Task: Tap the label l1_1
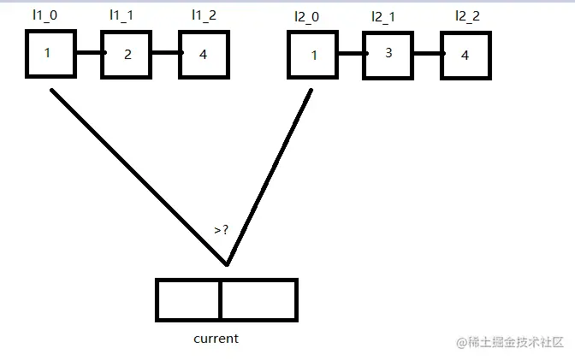click(121, 15)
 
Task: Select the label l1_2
click(204, 15)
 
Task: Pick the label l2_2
click(466, 15)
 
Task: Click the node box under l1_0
click(50, 54)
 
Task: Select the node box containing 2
click(127, 54)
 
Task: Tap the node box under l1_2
click(204, 54)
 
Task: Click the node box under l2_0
click(311, 56)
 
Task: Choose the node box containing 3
click(388, 54)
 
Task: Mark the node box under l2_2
click(466, 56)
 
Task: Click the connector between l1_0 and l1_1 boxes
click(88, 53)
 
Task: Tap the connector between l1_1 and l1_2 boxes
click(165, 53)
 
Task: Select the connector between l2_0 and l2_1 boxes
click(350, 53)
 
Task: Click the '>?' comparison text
click(222, 230)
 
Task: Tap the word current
click(216, 339)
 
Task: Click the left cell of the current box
click(188, 299)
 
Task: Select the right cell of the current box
click(258, 299)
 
